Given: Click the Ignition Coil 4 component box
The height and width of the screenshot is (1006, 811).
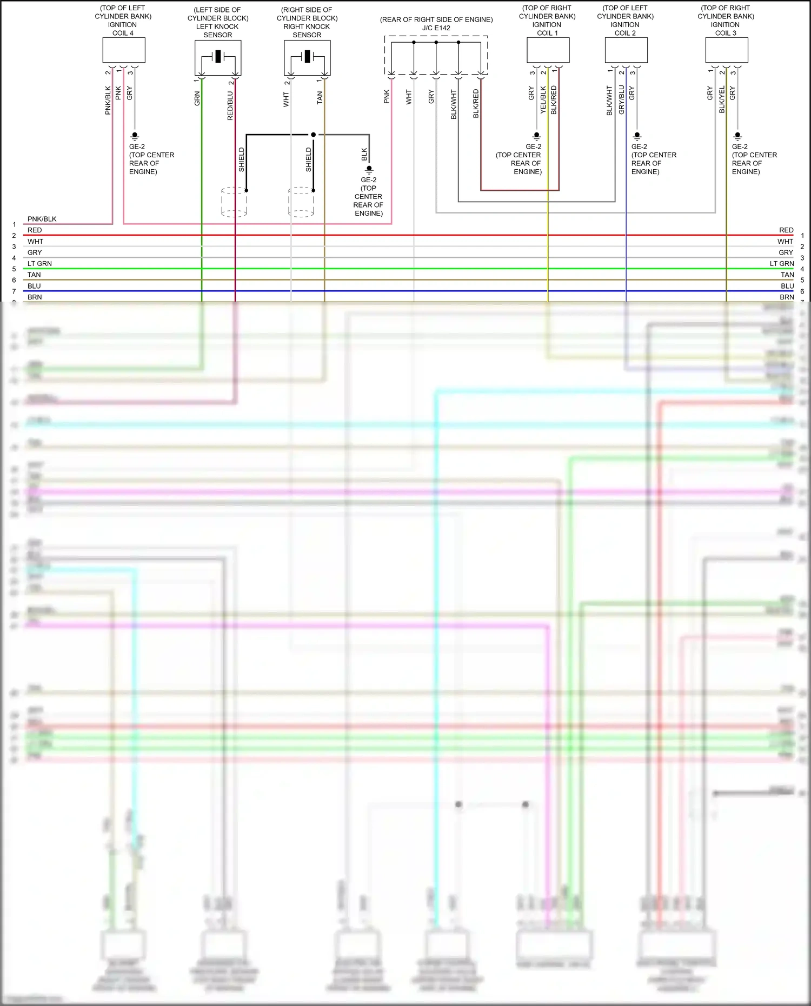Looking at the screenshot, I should tap(124, 50).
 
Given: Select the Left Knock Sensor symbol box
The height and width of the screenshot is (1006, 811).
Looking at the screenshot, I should tap(218, 58).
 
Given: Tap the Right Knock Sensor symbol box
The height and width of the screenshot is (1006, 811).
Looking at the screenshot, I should tap(307, 58).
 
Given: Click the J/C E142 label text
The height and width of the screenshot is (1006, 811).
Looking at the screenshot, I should tap(436, 28).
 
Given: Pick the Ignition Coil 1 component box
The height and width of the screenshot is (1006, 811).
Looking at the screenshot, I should tap(548, 50).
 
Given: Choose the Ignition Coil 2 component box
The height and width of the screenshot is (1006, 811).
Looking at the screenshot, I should tap(626, 50).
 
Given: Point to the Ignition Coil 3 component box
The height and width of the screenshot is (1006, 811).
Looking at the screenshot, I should tap(726, 50).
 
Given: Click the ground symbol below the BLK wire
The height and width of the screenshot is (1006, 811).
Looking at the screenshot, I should tap(369, 170).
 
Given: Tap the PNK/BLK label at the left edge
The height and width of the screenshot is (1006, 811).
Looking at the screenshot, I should tap(42, 219).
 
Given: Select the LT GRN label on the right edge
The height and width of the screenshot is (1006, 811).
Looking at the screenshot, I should tap(781, 264).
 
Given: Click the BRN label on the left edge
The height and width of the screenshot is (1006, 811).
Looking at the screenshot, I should tap(35, 297).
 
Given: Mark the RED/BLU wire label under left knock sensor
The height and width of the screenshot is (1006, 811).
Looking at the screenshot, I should tap(230, 105).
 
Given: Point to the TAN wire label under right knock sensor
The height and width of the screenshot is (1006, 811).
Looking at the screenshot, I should tap(320, 97).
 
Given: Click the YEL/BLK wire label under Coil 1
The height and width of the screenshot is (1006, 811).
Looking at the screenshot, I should tap(543, 100).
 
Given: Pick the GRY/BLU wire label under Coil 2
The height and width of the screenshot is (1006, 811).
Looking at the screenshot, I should tap(622, 100).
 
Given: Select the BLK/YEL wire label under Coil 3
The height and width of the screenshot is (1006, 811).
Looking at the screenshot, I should tap(722, 100).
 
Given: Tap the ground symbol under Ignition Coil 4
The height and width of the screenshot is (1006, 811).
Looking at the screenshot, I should tap(135, 136).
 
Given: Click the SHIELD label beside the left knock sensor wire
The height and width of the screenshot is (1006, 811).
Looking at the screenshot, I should tap(242, 159).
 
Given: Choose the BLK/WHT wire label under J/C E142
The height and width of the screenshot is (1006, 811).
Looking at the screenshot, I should tap(454, 104).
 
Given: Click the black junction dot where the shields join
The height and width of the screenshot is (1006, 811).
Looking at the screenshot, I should tap(313, 135).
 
